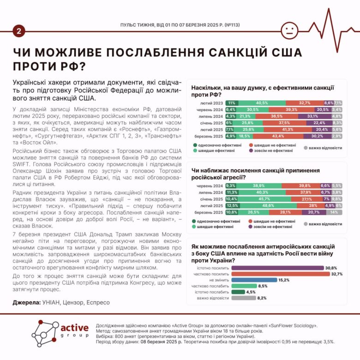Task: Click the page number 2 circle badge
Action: [19, 31]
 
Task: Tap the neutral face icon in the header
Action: [289, 31]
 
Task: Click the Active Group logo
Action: [60, 333]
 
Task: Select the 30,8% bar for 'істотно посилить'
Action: [277, 268]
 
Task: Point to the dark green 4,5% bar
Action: [238, 292]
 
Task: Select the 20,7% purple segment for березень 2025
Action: [313, 212]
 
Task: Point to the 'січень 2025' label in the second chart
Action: [212, 199]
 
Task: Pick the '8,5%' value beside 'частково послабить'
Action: [263, 286]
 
